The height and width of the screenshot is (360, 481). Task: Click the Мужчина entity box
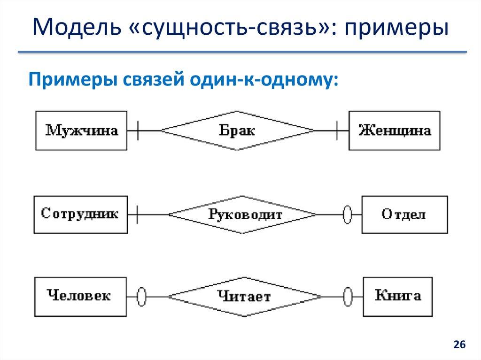click(81, 130)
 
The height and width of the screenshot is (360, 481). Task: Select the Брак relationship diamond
click(237, 130)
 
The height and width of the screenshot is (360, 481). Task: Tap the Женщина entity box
click(394, 130)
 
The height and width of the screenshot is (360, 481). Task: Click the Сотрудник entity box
click(80, 214)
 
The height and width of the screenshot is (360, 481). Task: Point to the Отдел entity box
click(403, 214)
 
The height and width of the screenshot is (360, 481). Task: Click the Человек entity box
click(79, 296)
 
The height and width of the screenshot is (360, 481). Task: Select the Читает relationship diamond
click(244, 296)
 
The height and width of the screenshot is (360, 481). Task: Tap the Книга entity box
click(398, 296)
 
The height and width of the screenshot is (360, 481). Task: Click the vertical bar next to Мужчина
click(137, 130)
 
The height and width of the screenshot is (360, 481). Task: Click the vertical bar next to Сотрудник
click(137, 215)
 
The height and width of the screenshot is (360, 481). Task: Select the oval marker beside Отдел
click(348, 215)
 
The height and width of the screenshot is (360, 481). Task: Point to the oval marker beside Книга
click(348, 296)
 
